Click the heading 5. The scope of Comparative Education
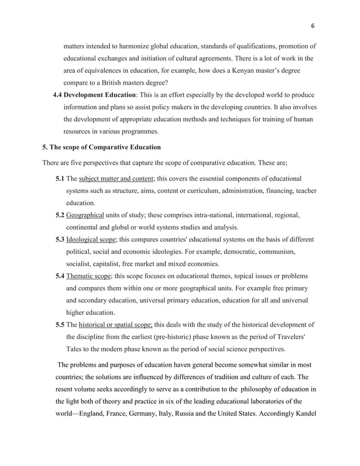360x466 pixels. pos(102,147)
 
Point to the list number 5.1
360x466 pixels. pos(59,178)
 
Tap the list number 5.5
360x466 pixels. pos(59,324)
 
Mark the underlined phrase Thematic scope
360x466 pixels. pos(89,276)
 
